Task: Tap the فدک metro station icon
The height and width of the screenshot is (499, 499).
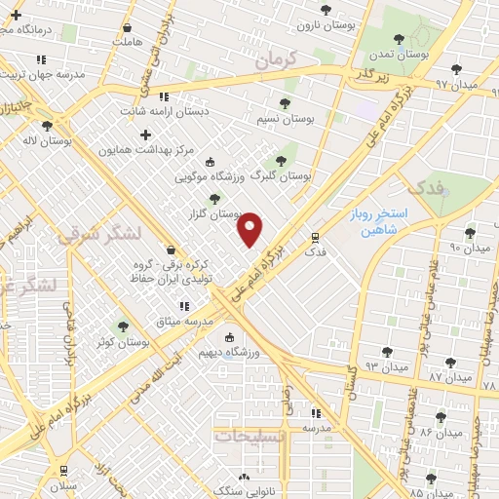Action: (x=314, y=237)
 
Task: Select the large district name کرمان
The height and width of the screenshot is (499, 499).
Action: (x=283, y=59)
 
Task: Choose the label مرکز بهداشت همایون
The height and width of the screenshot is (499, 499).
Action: (x=146, y=151)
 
